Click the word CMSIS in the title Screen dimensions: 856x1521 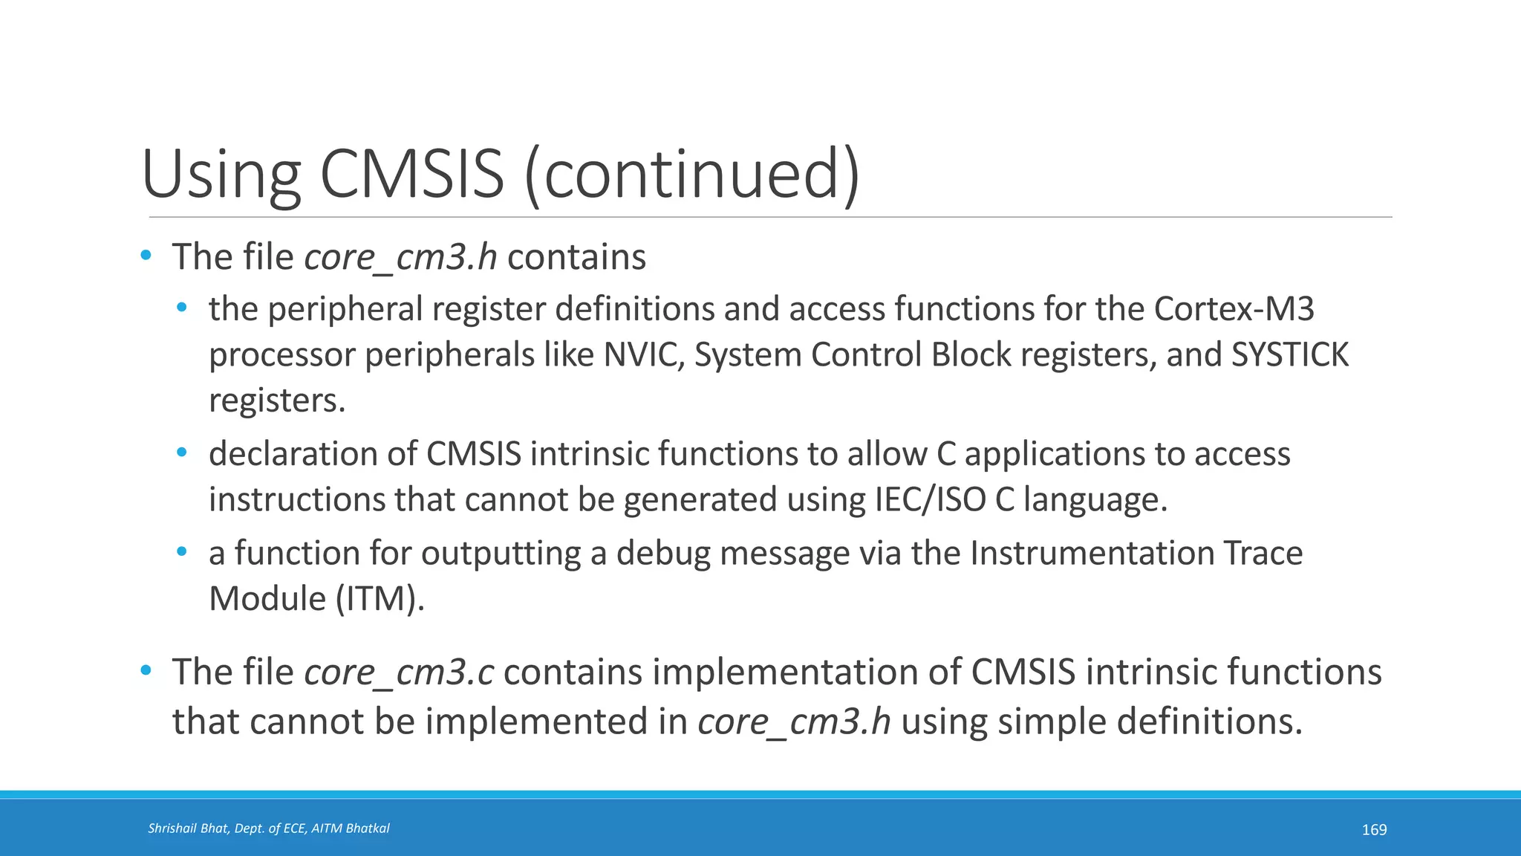pyautogui.click(x=412, y=174)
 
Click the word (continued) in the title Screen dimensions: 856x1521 pyautogui.click(x=692, y=174)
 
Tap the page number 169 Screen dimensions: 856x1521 pyautogui.click(x=1374, y=829)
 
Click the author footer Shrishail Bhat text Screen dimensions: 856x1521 pyautogui.click(x=268, y=828)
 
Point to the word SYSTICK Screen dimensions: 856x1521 pyautogui.click(x=1290, y=354)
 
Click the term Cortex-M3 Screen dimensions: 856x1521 pyautogui.click(x=1234, y=308)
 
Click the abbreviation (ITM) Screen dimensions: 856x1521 pyautogui.click(x=380, y=599)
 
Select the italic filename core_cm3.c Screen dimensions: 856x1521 pyautogui.click(x=399, y=672)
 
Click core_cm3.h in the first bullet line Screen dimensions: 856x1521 pyautogui.click(x=400, y=258)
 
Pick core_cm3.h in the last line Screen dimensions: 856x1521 pyautogui.click(x=794, y=722)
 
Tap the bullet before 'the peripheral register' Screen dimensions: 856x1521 pyautogui.click(x=182, y=308)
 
